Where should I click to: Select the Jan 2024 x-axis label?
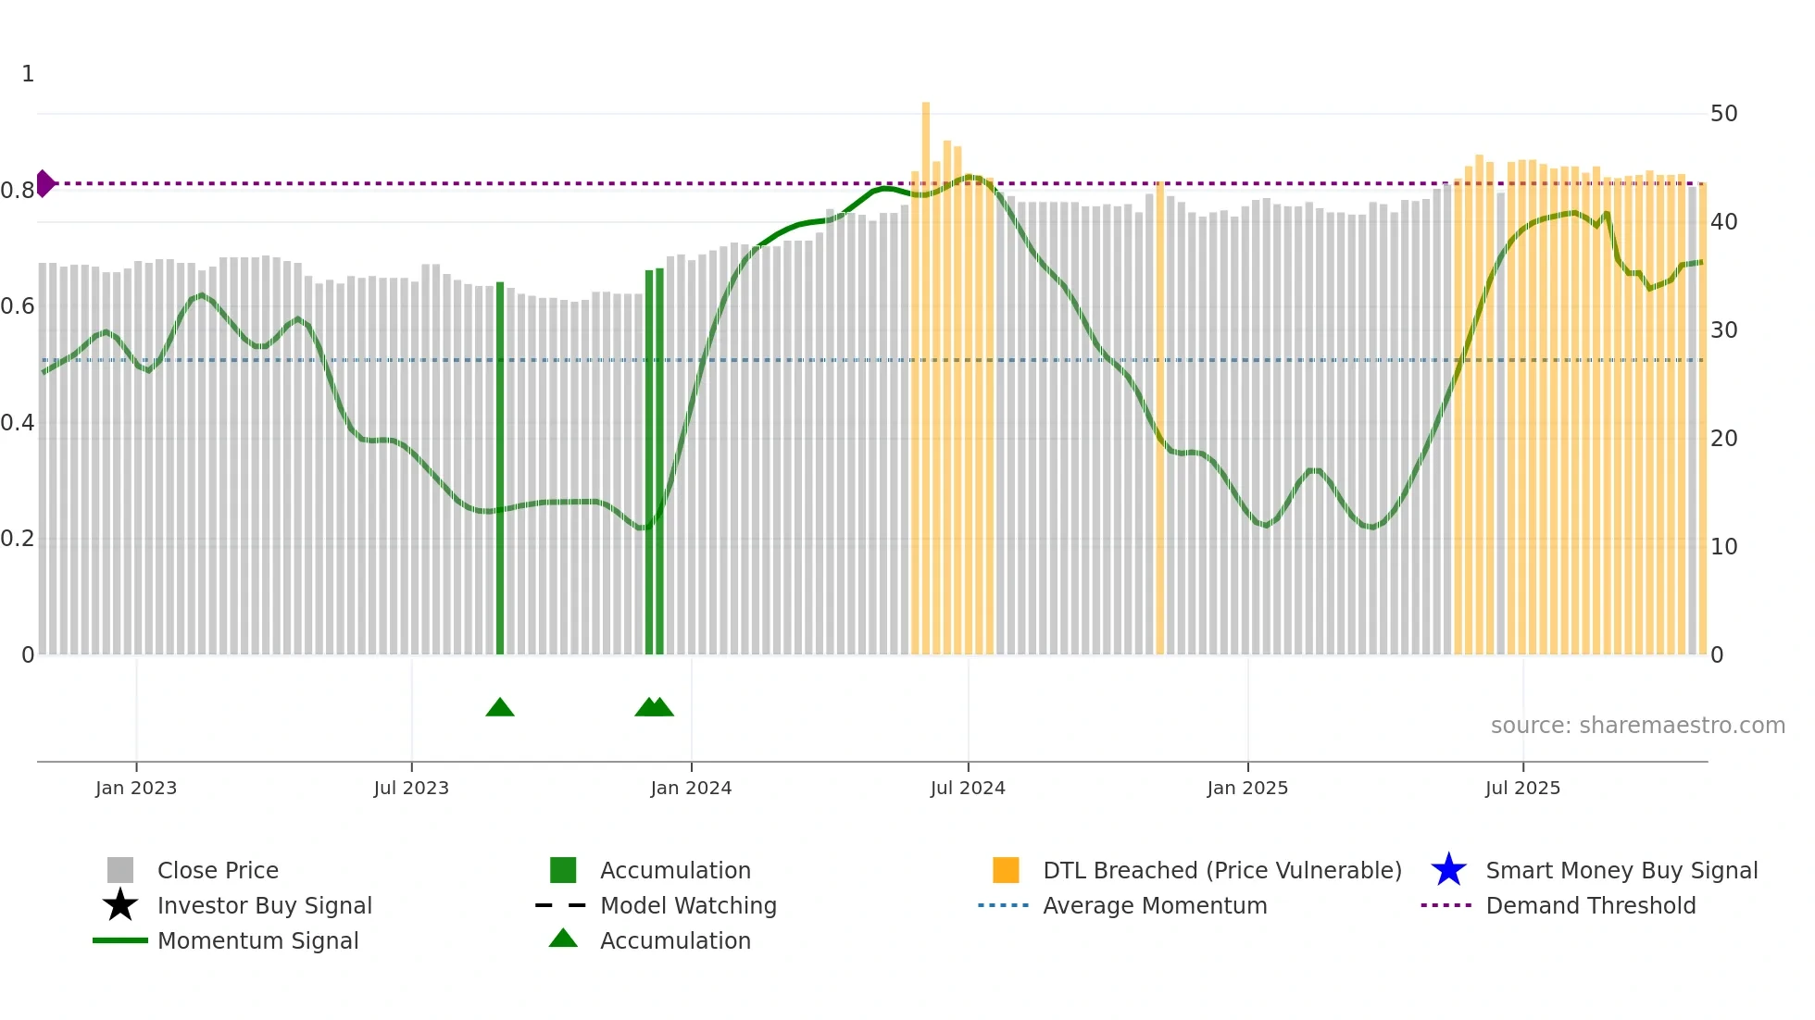tap(691, 788)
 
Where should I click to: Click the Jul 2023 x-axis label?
tap(411, 788)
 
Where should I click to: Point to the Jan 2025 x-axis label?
tap(1247, 788)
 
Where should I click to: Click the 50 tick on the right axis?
tap(1723, 114)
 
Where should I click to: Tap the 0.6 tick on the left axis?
tap(18, 306)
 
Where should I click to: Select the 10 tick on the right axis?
tap(1723, 547)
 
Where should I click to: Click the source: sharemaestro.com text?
tap(1637, 726)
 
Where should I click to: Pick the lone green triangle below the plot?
tap(500, 708)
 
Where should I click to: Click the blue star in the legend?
tap(1448, 870)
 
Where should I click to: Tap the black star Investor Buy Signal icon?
tap(120, 905)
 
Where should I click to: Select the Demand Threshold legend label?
tap(1590, 905)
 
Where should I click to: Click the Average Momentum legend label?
tap(1155, 905)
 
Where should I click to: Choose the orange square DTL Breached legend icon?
tap(1006, 870)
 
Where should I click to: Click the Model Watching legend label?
tap(688, 905)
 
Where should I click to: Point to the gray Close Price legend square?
tap(120, 870)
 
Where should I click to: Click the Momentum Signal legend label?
tap(257, 940)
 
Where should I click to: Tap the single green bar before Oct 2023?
tap(500, 467)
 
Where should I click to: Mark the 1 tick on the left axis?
tap(28, 74)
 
